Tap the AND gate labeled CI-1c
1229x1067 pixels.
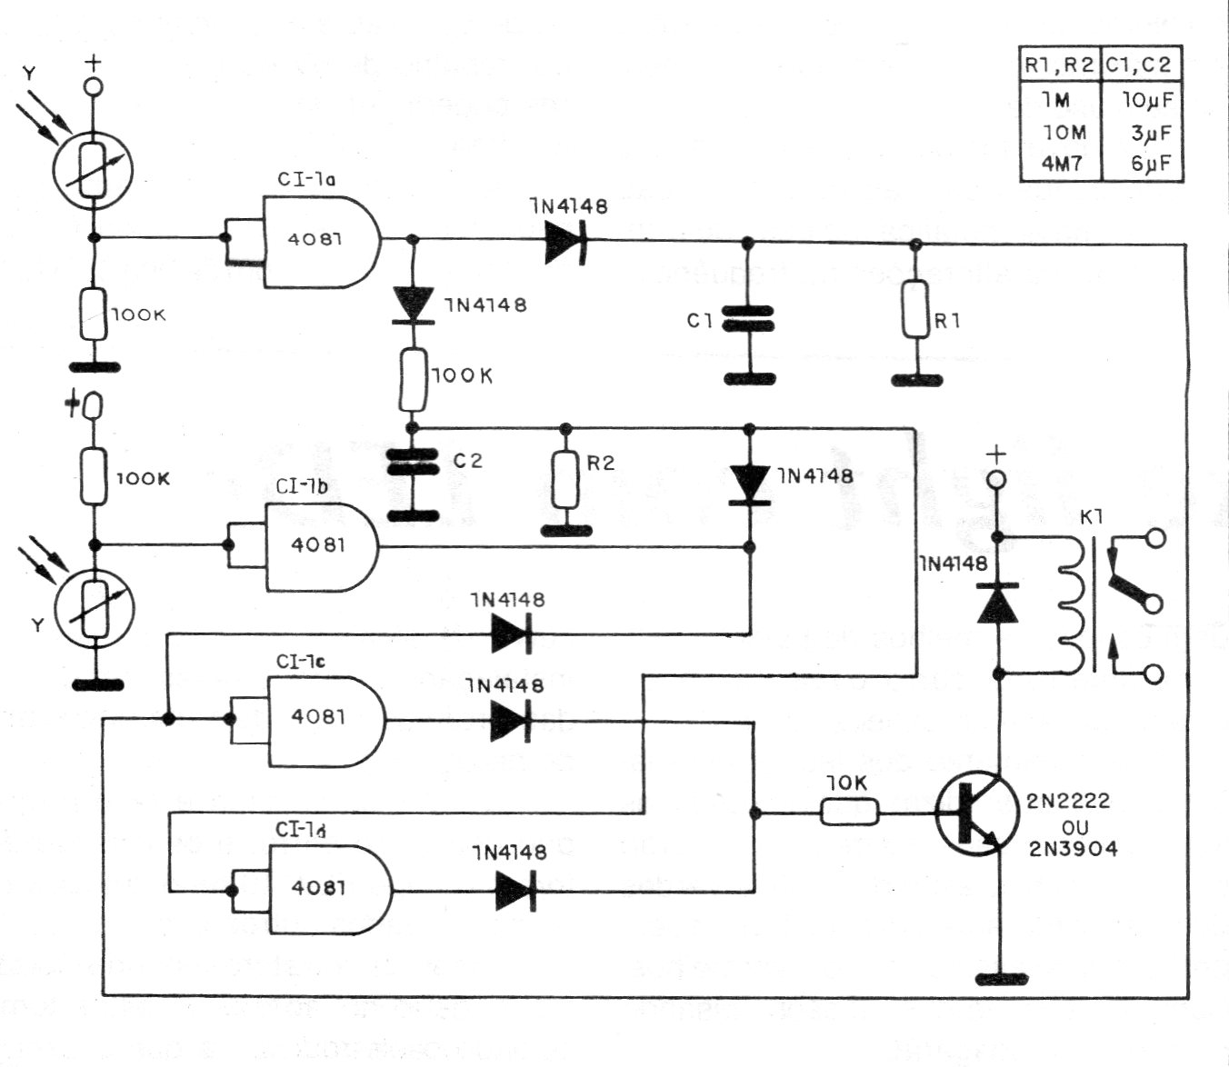click(x=324, y=719)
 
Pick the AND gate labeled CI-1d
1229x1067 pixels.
click(x=327, y=889)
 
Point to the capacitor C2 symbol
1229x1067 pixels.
click(x=412, y=463)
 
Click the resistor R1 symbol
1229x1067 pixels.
click(x=916, y=310)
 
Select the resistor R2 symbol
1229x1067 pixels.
click(x=565, y=479)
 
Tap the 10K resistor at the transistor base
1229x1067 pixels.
click(x=850, y=812)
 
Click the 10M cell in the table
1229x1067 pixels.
click(x=1062, y=133)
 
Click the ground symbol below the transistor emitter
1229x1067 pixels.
click(x=1000, y=979)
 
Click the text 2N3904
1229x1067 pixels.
click(x=1073, y=849)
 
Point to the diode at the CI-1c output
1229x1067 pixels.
click(x=510, y=722)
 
